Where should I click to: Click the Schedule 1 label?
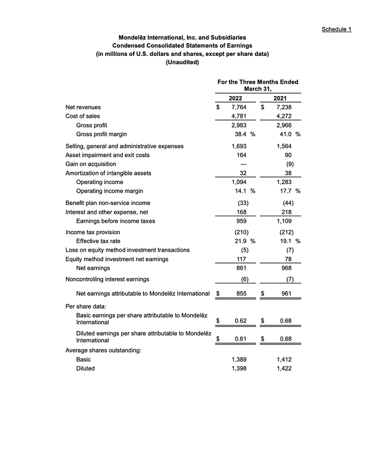coord(336,29)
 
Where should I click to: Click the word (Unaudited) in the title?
coord(182,62)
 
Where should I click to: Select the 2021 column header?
coord(283,98)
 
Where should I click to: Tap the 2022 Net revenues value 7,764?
coord(239,107)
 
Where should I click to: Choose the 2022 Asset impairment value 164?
coord(240,155)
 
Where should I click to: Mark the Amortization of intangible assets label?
coord(108,173)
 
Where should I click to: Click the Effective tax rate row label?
coord(98,241)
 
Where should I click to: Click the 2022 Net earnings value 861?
coord(240,268)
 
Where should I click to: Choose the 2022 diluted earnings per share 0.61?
coord(240,338)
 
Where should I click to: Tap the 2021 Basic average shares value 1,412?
coord(284,360)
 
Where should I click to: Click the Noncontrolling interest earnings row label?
coord(107,279)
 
